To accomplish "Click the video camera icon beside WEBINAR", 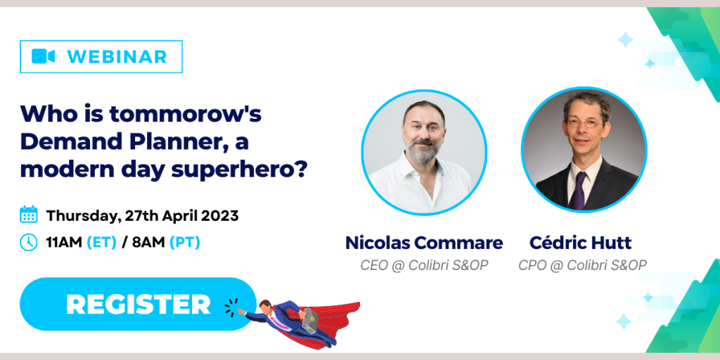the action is coord(43,56).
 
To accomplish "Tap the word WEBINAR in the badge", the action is coord(117,56).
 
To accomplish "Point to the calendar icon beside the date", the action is coord(29,215).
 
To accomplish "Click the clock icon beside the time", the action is coord(29,242).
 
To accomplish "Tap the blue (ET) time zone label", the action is coord(101,243).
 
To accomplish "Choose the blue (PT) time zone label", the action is coord(185,243).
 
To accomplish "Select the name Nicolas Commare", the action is coord(424,243).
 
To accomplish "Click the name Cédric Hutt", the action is coord(580,243).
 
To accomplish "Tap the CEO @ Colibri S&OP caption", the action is coord(424,265).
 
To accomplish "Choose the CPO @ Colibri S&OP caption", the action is coord(583,265).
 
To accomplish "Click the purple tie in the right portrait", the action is coord(579,189).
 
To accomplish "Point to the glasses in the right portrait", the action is coord(584,123).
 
